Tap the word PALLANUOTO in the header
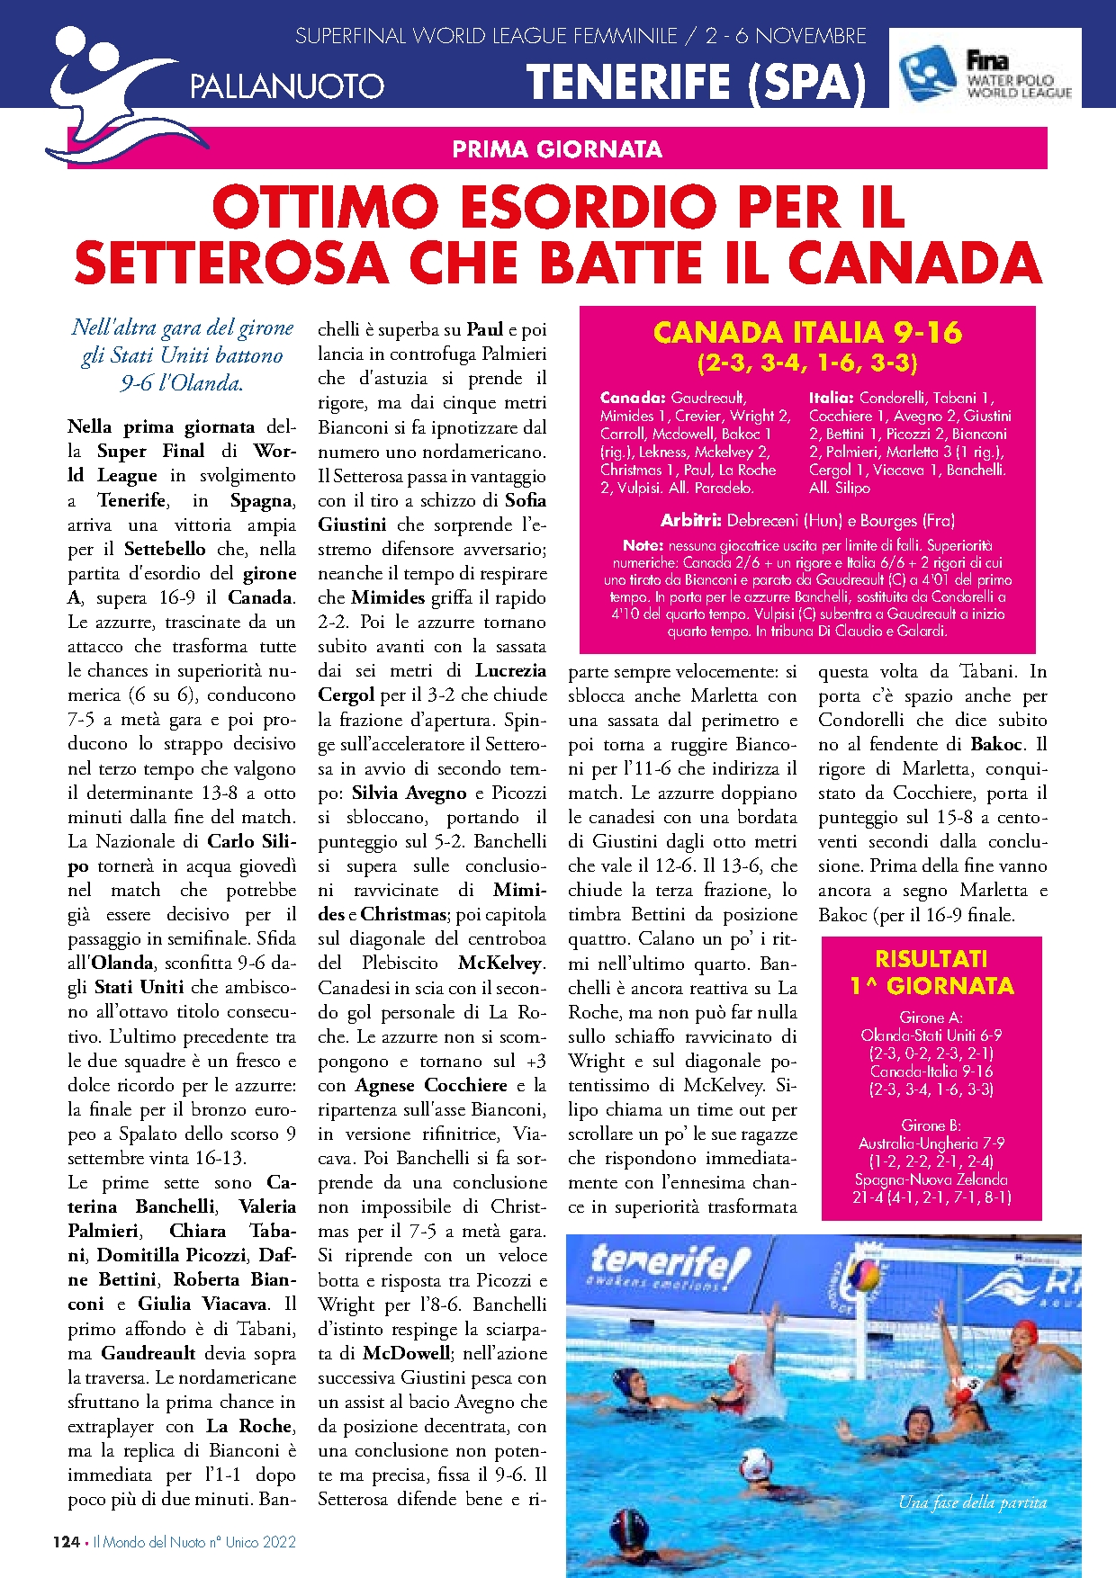(x=287, y=87)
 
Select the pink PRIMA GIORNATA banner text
(x=557, y=149)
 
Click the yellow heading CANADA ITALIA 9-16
(x=807, y=333)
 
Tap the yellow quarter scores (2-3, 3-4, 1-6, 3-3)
(x=807, y=363)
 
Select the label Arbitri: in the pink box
(x=691, y=520)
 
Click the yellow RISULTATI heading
(x=931, y=959)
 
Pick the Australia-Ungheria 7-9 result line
(x=931, y=1143)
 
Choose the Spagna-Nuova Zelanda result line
(x=931, y=1179)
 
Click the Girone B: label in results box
(x=931, y=1125)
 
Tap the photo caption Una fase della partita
(x=972, y=1502)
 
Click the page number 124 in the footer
(x=66, y=1542)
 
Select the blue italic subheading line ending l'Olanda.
(x=182, y=383)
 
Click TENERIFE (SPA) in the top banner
(x=696, y=83)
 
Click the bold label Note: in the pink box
(x=643, y=545)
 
